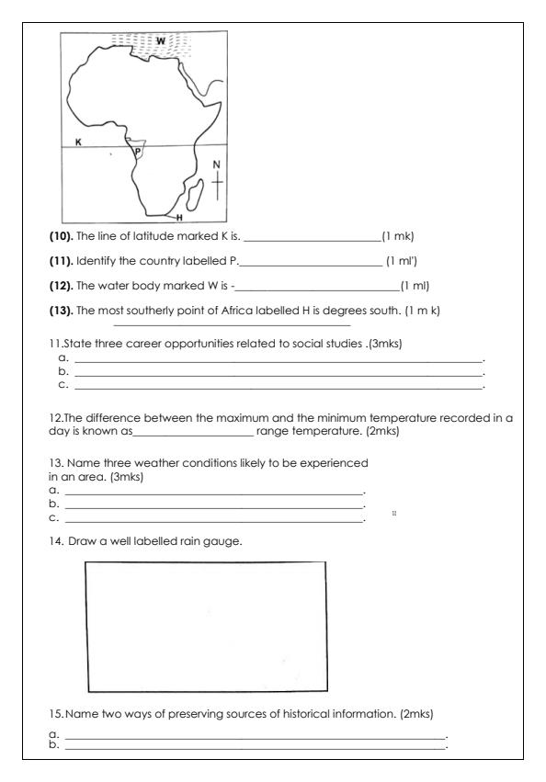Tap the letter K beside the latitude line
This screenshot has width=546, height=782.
coord(78,142)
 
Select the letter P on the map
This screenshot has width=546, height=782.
coord(137,151)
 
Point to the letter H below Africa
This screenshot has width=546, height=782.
coord(179,218)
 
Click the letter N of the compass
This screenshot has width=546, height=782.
coord(216,165)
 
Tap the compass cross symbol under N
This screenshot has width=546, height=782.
coord(216,187)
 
